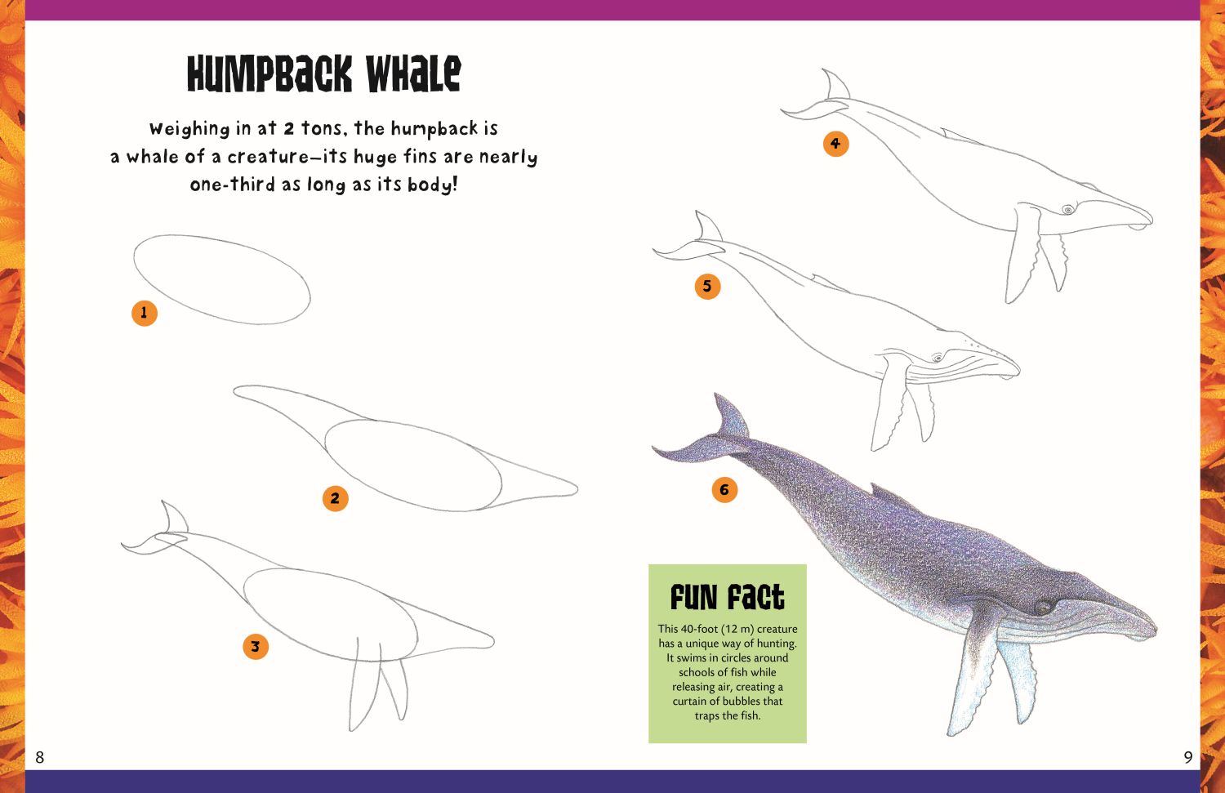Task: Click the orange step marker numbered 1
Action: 145,314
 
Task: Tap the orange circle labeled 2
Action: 335,498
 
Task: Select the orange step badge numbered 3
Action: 256,647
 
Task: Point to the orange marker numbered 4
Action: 835,144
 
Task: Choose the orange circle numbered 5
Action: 708,286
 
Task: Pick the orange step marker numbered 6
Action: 724,489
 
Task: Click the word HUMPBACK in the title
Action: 269,74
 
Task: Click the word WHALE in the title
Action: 413,74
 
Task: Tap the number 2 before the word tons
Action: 289,128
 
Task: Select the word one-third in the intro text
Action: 233,185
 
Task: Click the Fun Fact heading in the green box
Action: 728,597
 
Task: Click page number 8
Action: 39,757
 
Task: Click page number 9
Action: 1187,757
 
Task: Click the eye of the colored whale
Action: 1043,607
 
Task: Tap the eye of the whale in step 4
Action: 1067,209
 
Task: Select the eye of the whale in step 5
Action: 938,359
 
